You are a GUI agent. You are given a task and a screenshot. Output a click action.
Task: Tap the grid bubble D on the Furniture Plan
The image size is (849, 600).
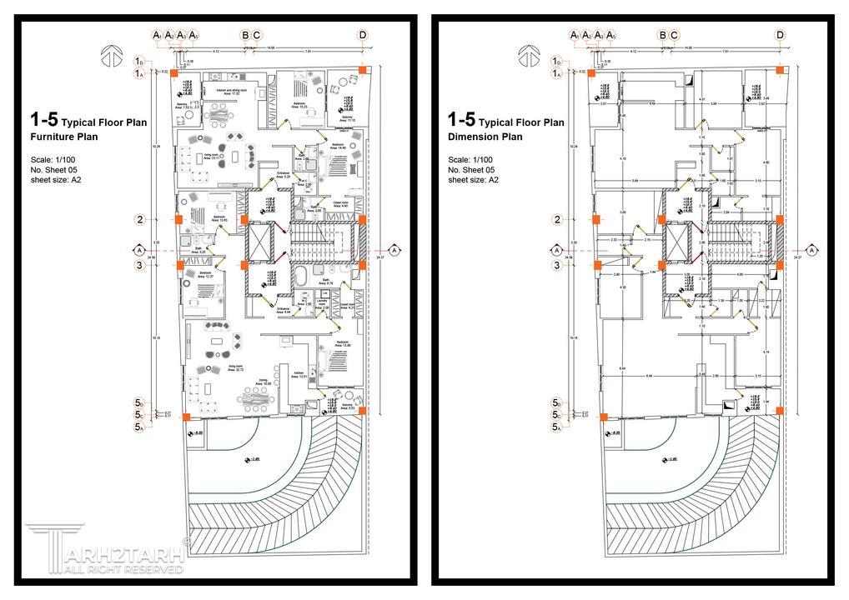363,35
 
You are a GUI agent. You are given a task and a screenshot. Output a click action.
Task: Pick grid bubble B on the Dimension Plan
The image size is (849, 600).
662,35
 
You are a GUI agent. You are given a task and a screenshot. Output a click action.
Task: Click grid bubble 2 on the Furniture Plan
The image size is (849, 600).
140,220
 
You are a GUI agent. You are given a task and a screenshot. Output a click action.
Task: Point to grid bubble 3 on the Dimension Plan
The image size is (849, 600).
557,265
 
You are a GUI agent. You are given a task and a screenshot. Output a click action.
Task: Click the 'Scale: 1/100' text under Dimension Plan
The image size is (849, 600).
470,160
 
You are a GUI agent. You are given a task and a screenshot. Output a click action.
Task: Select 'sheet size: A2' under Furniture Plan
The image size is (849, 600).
56,180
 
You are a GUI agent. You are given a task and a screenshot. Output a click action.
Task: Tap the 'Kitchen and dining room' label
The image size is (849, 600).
232,92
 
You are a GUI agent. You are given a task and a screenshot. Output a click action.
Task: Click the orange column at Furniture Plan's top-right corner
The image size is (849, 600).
362,70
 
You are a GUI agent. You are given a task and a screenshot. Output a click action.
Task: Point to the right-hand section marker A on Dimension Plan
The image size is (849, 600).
811,250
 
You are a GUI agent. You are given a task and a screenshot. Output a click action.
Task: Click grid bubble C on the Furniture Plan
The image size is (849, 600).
257,35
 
